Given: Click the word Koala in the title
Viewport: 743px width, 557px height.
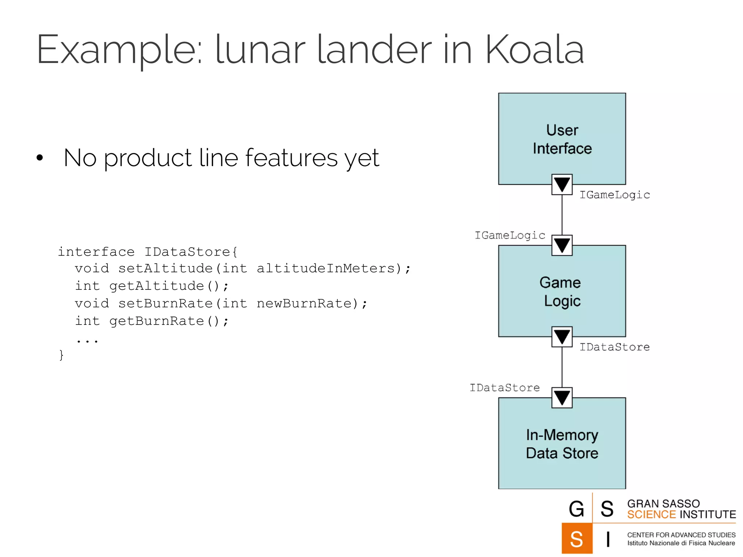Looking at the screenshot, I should point(534,50).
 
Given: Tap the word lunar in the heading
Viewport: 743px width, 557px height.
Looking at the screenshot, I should point(260,50).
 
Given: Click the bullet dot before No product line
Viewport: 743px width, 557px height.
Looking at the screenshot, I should point(40,158).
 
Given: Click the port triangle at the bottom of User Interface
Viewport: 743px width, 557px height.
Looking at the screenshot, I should point(562,185).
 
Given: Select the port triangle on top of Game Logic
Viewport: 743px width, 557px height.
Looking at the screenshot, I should point(562,246).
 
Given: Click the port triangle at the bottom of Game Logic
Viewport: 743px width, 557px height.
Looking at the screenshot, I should point(562,337).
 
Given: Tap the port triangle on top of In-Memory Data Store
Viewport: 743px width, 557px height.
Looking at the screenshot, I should point(562,398).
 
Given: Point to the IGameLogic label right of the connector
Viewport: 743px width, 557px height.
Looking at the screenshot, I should point(615,195).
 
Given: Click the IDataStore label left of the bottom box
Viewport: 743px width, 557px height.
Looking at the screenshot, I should point(505,388).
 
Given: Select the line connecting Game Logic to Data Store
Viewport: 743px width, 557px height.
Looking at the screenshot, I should point(562,367).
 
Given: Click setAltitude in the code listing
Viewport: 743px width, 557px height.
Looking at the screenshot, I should point(165,268).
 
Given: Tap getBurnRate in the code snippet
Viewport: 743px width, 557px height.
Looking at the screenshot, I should point(157,321).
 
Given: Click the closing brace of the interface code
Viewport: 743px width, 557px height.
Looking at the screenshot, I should point(61,355).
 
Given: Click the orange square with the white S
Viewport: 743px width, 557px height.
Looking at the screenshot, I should point(576,539).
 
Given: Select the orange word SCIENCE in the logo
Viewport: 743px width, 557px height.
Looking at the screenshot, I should point(651,515).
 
